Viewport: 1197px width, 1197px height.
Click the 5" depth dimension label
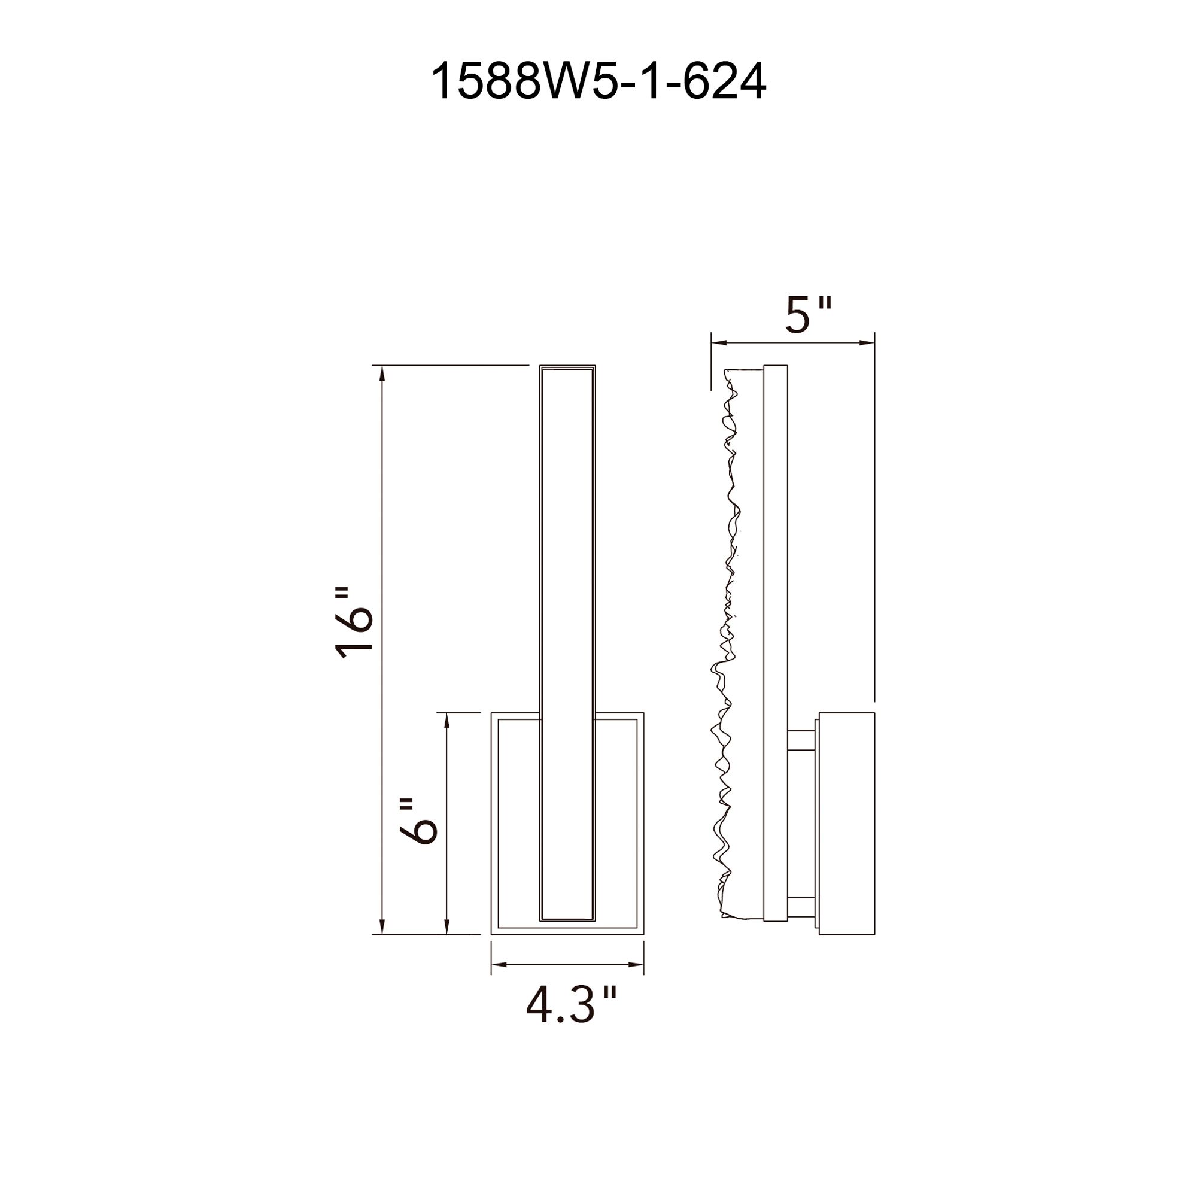(x=808, y=315)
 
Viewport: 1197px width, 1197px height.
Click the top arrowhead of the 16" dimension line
(x=382, y=372)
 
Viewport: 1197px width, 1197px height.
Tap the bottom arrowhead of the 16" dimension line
(x=382, y=944)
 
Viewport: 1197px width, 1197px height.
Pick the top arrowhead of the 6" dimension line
(x=446, y=720)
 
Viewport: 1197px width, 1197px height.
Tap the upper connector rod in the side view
(x=803, y=741)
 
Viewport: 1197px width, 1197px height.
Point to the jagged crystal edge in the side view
(x=725, y=651)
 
